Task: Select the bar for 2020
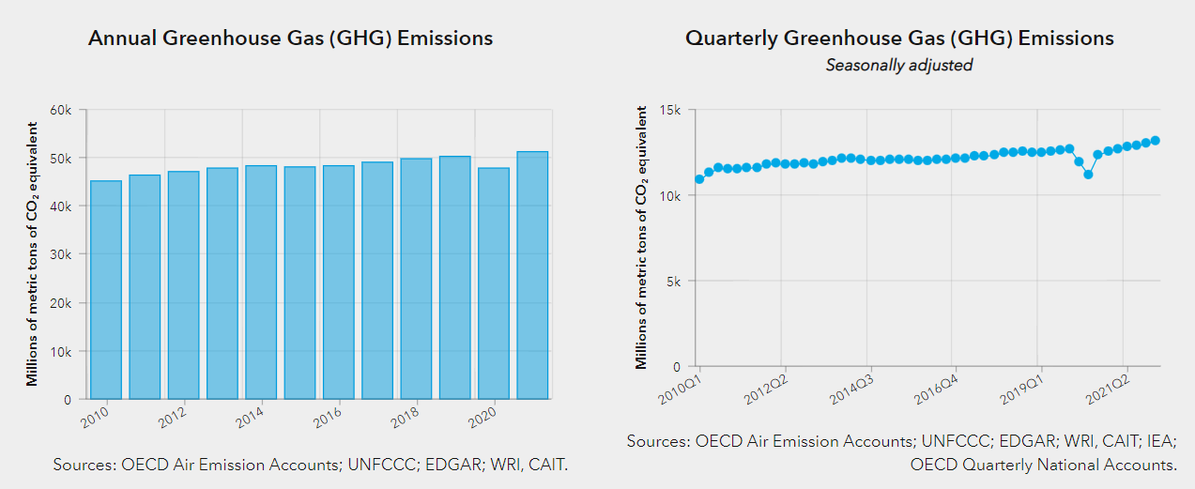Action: click(x=494, y=283)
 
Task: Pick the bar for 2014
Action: click(x=261, y=282)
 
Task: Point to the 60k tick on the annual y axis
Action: click(x=61, y=110)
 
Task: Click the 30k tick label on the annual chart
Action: click(x=61, y=254)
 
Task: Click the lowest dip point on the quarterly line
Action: click(x=1088, y=175)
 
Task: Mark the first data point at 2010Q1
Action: click(x=699, y=179)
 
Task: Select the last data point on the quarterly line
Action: click(x=1156, y=141)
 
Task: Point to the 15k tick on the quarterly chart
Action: click(x=669, y=110)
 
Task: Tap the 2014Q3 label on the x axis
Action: click(x=852, y=390)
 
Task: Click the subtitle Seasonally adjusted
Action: click(x=898, y=65)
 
